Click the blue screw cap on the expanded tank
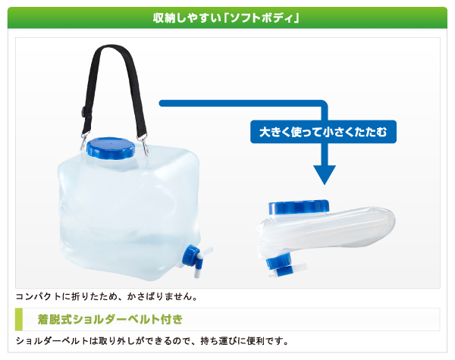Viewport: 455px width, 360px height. click(x=111, y=149)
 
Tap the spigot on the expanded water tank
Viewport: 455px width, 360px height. click(x=195, y=260)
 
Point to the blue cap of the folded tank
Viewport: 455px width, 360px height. click(x=298, y=207)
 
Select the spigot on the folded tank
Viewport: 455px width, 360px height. click(x=285, y=265)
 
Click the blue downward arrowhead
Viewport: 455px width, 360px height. click(x=325, y=174)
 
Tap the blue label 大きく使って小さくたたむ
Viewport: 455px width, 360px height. click(x=323, y=132)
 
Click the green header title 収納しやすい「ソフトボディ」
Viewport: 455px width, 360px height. click(x=226, y=18)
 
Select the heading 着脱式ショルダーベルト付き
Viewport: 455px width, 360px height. click(x=110, y=319)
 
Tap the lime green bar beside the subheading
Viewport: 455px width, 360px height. click(x=19, y=319)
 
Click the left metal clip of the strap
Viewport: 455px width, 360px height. click(x=83, y=142)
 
